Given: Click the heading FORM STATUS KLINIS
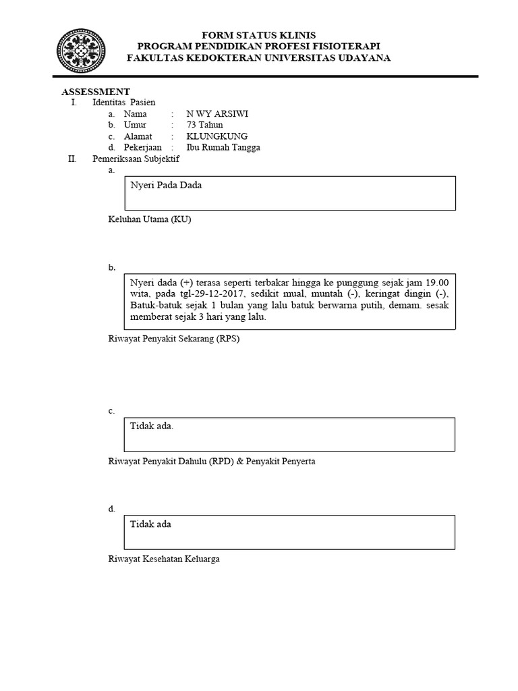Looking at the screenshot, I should pos(259,35).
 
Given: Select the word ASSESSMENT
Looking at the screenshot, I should pos(96,92).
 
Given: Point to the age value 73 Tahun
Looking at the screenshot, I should pos(205,125).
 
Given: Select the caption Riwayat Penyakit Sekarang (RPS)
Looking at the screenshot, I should pos(174,339).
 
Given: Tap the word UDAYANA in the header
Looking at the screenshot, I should pos(359,58).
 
